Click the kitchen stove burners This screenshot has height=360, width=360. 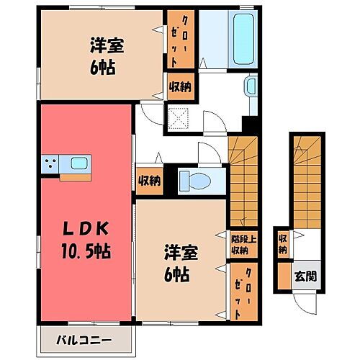50,166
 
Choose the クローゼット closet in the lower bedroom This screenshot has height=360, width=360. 238,292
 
